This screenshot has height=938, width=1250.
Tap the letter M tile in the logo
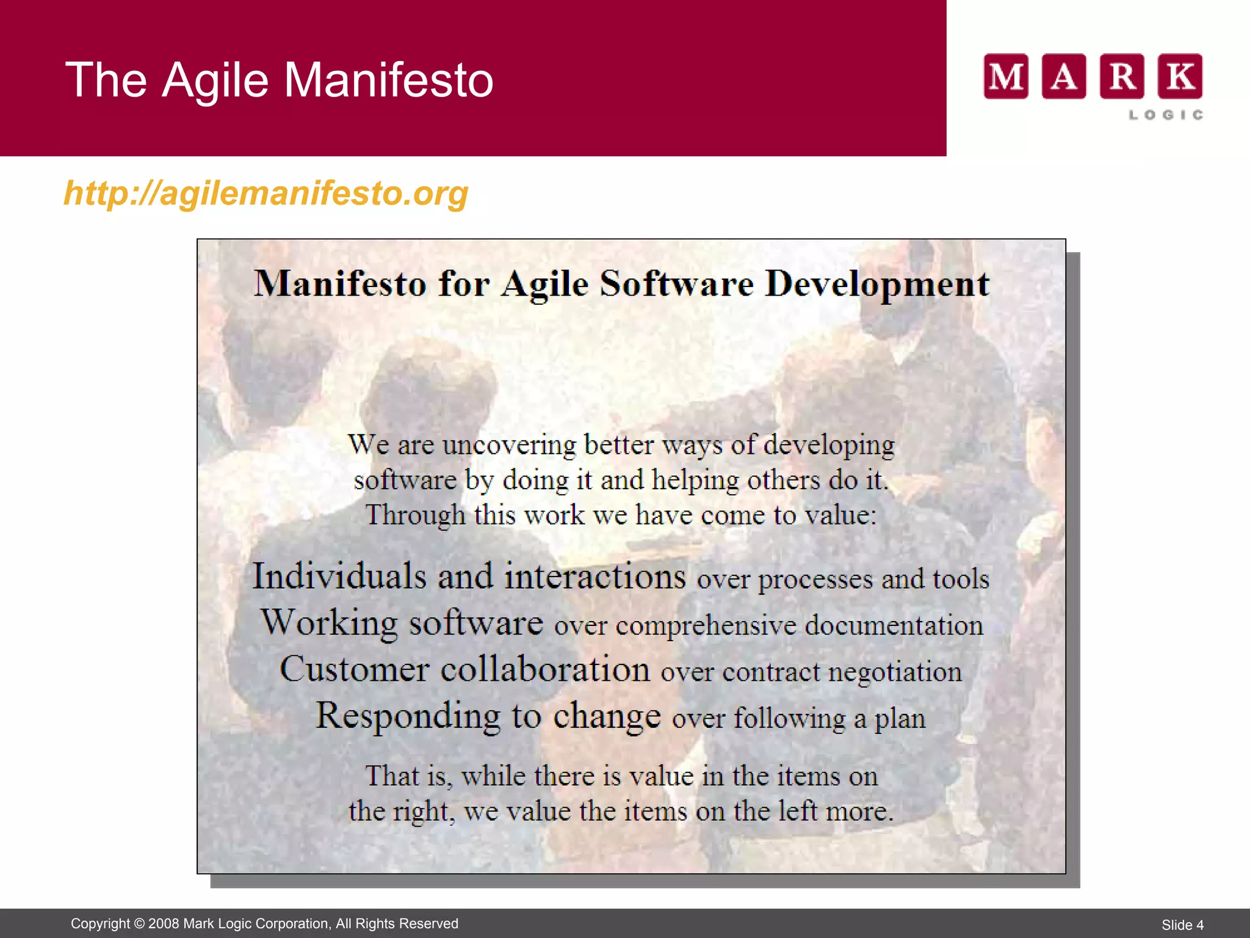coord(1006,76)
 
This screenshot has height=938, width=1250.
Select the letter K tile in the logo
coord(1180,76)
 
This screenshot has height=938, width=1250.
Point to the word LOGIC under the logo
coord(1166,115)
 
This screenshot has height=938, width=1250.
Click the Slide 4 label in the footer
coord(1182,925)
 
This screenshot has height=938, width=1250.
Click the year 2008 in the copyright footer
coord(164,923)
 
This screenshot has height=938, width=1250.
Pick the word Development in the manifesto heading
coord(877,284)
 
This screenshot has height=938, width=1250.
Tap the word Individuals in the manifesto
coord(339,576)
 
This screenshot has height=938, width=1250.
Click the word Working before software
coord(330,622)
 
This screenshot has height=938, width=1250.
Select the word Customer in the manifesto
coord(354,669)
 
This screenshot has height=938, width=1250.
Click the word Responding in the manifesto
coord(407,716)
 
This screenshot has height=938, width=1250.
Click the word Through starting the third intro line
coord(415,515)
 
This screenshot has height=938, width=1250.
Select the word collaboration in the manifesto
coord(545,669)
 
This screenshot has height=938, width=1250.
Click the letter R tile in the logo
coord(1122,76)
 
